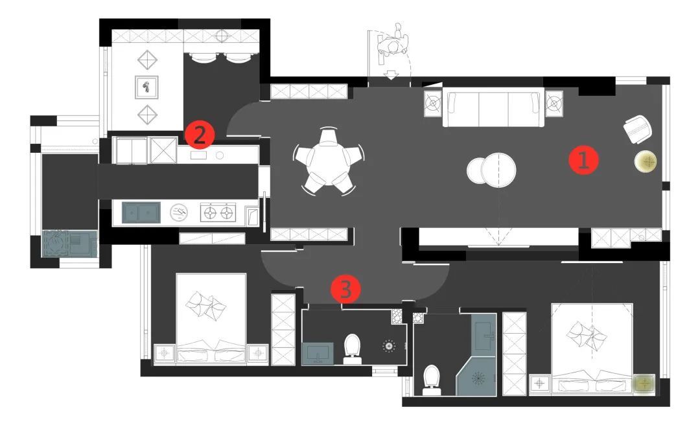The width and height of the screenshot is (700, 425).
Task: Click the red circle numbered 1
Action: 583,160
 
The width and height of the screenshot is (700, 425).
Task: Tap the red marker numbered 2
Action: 200,134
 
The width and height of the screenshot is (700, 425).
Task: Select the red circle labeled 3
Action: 345,289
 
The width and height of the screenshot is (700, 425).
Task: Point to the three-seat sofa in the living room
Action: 493,108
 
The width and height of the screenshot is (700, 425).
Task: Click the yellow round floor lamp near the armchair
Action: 646,161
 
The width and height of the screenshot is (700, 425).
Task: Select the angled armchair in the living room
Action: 638,129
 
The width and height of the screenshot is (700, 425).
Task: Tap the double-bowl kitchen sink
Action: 141,213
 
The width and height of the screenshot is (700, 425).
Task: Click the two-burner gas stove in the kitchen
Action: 218,212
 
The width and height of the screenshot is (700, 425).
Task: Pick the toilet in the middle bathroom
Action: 352,349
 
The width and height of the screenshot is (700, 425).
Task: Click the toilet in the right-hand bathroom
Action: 432,380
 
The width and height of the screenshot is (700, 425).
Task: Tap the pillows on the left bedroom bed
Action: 206,306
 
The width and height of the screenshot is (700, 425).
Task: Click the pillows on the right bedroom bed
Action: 587,336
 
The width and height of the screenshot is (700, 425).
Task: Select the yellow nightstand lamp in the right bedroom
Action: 644,384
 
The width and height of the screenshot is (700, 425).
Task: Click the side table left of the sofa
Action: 432,104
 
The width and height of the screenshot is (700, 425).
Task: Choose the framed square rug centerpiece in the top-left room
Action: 146,87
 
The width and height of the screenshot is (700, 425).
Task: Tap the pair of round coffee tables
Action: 491,170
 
